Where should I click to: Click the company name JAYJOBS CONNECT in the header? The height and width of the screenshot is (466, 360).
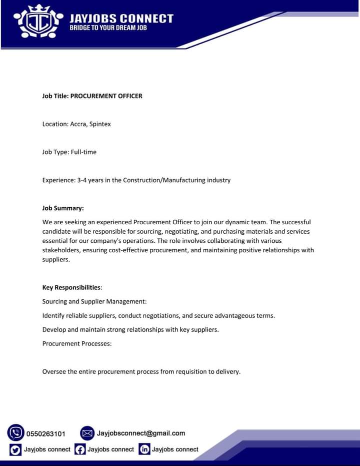[x=121, y=19]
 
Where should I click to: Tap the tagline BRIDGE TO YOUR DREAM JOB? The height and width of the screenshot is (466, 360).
[x=108, y=28]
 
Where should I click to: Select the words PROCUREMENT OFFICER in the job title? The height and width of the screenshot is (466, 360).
[x=106, y=96]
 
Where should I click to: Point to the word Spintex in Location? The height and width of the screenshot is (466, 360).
[x=100, y=124]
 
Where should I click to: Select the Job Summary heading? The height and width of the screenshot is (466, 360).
[x=63, y=208]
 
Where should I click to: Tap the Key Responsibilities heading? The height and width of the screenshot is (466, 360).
[x=72, y=287]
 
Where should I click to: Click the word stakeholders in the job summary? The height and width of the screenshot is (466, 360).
[x=62, y=250]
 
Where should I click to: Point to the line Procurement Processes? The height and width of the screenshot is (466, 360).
[x=77, y=343]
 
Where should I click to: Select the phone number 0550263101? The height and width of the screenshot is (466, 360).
[x=45, y=433]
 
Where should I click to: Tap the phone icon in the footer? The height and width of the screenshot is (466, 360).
[x=16, y=432]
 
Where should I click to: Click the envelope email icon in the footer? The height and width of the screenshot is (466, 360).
[x=87, y=433]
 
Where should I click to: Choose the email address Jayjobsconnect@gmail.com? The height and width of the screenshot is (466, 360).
[x=141, y=433]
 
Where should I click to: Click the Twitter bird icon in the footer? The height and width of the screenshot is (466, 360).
[x=15, y=449]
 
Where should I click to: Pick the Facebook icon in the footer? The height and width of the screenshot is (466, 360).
[x=80, y=449]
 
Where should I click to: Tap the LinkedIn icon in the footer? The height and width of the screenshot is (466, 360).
[x=144, y=449]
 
